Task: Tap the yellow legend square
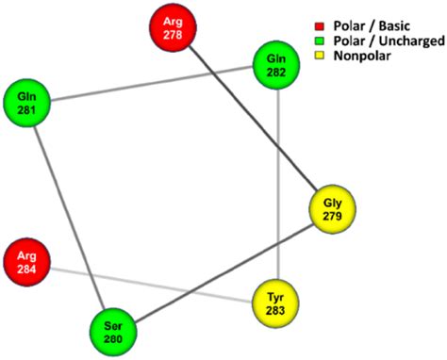click(x=320, y=57)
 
